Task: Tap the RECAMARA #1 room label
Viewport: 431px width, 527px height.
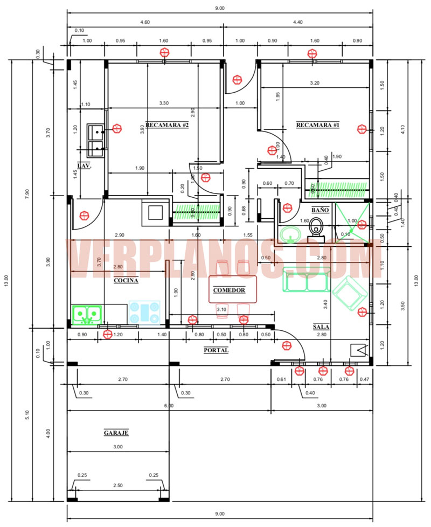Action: [x=317, y=125]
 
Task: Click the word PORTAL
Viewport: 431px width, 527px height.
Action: [x=216, y=350]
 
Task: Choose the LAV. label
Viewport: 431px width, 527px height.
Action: [x=84, y=166]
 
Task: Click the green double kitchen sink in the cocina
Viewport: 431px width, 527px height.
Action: [x=86, y=314]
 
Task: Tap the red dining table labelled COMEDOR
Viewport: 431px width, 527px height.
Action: [x=232, y=290]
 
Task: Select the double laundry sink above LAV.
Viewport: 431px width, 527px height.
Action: [x=96, y=138]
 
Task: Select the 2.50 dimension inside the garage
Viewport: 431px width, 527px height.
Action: [x=118, y=486]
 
